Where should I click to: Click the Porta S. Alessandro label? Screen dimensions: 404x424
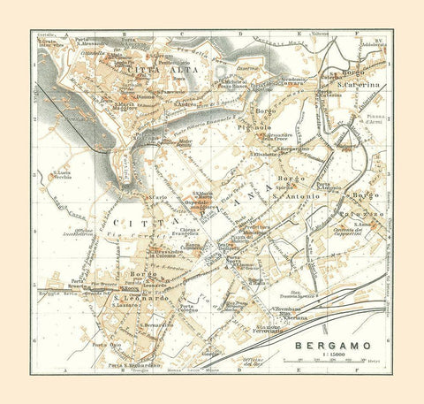[92, 41]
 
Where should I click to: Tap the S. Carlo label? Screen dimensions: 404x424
[160, 196]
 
